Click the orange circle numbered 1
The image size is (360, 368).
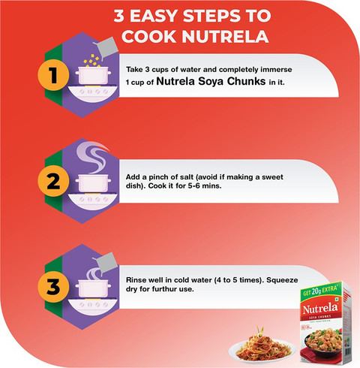click(x=53, y=75)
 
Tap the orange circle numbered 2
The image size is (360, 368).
click(x=53, y=181)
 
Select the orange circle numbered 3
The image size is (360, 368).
click(x=53, y=287)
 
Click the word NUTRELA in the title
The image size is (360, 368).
click(x=225, y=37)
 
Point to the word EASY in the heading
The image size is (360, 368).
click(x=154, y=16)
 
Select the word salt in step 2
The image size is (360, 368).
click(x=187, y=177)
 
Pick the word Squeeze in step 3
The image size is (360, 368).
click(x=282, y=280)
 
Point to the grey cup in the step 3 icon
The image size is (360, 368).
click(x=106, y=263)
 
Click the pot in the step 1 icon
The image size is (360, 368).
click(x=93, y=75)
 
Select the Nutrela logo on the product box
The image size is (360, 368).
click(x=320, y=309)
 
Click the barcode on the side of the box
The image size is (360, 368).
click(x=348, y=351)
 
